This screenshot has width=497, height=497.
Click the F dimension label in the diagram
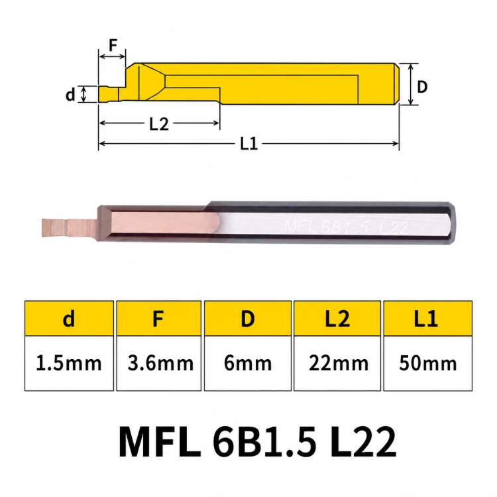click(x=113, y=45)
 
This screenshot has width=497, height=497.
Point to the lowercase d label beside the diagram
click(x=70, y=94)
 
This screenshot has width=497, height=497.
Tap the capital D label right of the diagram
click(x=422, y=87)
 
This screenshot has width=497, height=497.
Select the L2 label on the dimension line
click(x=159, y=124)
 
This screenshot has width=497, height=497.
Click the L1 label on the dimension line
click(x=248, y=144)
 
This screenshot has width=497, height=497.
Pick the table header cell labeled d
click(x=69, y=318)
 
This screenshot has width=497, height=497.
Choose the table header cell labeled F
click(x=158, y=318)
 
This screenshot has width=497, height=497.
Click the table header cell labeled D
click(x=248, y=318)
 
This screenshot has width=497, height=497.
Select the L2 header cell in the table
click(x=337, y=318)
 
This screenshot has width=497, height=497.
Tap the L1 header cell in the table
click(x=427, y=318)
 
